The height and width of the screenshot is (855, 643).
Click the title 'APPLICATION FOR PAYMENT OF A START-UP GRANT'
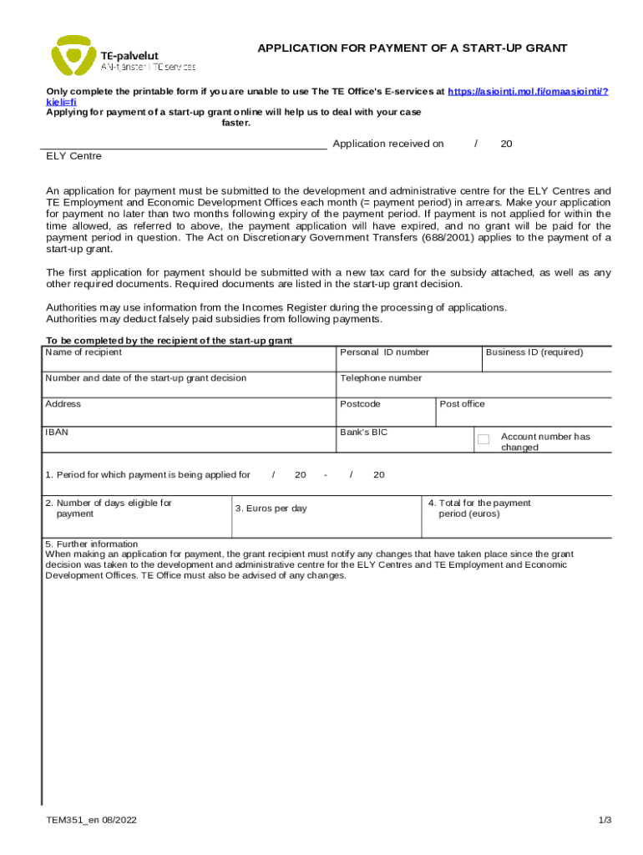pyautogui.click(x=412, y=48)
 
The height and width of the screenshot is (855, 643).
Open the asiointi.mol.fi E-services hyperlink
pyautogui.click(x=528, y=90)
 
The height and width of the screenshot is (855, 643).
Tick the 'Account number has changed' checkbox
pyautogui.click(x=483, y=439)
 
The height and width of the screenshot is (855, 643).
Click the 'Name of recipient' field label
pyautogui.click(x=84, y=352)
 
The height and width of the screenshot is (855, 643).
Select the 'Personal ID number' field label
pyautogui.click(x=384, y=352)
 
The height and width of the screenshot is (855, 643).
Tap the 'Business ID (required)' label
pyautogui.click(x=534, y=352)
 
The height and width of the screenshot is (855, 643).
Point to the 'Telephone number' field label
pyautogui.click(x=381, y=378)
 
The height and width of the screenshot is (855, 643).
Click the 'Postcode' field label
pyautogui.click(x=360, y=404)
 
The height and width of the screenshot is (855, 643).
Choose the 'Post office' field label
pyautogui.click(x=462, y=404)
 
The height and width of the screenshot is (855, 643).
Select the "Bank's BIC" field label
pyautogui.click(x=364, y=433)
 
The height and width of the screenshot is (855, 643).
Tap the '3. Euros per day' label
pyautogui.click(x=271, y=508)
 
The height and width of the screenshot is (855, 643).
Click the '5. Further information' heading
pyautogui.click(x=92, y=544)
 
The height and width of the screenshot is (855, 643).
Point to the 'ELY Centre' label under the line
pyautogui.click(x=73, y=156)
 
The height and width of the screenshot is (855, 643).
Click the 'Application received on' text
pyautogui.click(x=388, y=144)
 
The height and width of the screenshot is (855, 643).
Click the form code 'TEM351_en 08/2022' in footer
pyautogui.click(x=92, y=820)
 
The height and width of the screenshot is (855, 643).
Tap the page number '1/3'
pyautogui.click(x=605, y=820)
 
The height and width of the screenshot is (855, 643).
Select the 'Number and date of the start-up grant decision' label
pyautogui.click(x=146, y=378)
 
